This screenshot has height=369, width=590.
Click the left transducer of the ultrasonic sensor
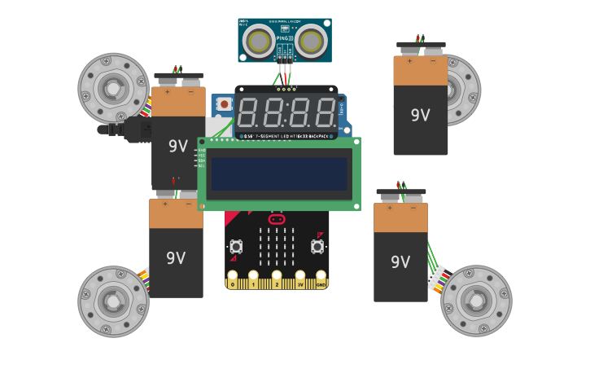tap(259, 41)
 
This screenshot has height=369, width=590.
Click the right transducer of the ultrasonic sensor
tap(311, 41)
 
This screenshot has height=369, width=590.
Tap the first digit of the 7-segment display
tap(248, 113)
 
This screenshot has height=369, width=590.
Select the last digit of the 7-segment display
tap(325, 113)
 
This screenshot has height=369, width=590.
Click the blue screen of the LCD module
tap(279, 174)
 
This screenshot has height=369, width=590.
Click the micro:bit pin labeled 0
tap(233, 283)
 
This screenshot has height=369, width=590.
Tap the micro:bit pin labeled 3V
tap(300, 283)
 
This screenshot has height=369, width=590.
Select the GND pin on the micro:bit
tap(321, 283)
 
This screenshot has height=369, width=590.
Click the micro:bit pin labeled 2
tap(277, 283)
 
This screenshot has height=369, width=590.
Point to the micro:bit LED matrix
tap(277, 246)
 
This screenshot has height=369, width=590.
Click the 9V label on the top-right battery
tap(420, 116)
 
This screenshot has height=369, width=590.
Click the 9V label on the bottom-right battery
tap(400, 262)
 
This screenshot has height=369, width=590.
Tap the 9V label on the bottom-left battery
tap(176, 258)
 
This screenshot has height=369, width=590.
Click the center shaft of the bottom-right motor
tap(476, 301)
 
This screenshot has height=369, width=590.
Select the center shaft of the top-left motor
tap(112, 88)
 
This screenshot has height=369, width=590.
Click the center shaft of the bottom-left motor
tap(112, 301)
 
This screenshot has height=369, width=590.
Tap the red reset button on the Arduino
tap(224, 104)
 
